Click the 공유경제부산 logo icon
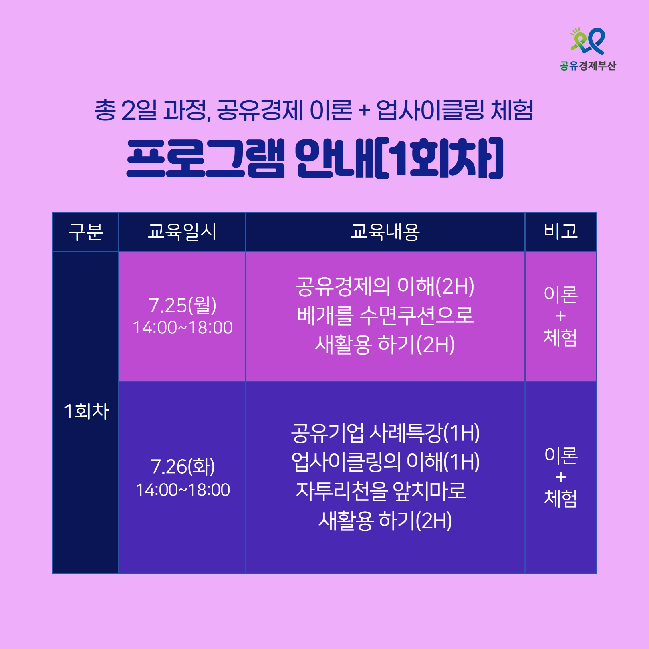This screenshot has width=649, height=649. point(588,41)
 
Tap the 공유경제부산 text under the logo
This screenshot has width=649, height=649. point(588,66)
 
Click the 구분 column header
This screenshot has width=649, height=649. point(86,232)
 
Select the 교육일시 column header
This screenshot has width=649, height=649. point(182,232)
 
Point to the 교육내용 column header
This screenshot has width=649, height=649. point(385,232)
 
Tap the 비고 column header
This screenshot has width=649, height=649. point(561,231)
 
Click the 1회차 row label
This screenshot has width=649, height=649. point(86,411)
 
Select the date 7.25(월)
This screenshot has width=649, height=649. point(183,305)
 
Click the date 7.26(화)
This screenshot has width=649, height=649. point(183,467)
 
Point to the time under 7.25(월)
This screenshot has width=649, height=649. point(183,328)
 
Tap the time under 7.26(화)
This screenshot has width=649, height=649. point(183,490)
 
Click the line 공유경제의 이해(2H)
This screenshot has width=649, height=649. point(385,287)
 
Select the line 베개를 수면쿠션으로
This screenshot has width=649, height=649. point(385,315)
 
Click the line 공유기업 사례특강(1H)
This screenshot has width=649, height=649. point(385,433)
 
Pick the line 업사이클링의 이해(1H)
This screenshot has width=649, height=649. point(385,462)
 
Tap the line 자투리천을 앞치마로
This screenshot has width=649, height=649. point(381,491)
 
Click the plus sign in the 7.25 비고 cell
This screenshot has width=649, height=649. point(560,316)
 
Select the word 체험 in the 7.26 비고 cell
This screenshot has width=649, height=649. point(560,498)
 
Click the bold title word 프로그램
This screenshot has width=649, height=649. point(206,158)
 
